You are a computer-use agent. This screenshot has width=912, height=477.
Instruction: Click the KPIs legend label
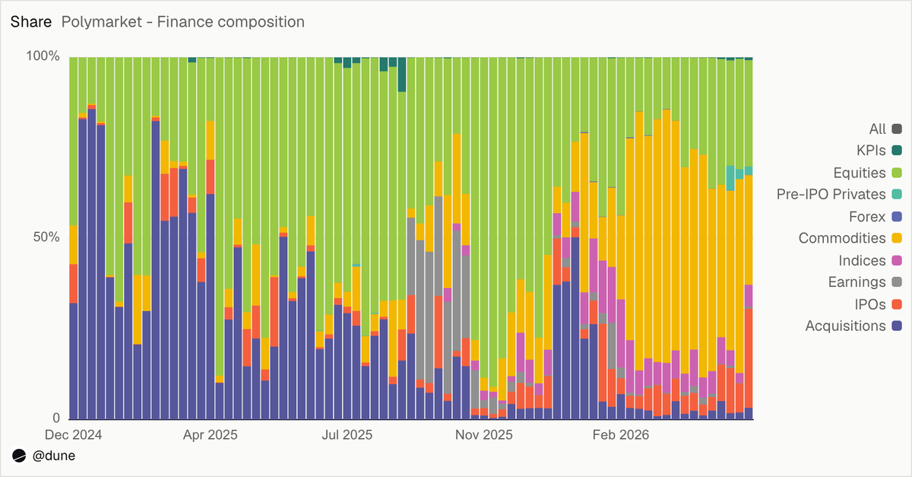pos(871,151)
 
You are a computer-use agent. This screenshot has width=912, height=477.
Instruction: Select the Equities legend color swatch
pos(897,173)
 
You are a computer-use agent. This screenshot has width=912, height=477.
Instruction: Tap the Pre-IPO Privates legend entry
pos(839,194)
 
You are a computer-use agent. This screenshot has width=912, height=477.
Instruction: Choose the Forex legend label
pos(867,217)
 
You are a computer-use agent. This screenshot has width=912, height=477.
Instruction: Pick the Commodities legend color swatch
pos(897,238)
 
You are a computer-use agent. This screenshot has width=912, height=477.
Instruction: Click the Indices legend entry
pos(870,260)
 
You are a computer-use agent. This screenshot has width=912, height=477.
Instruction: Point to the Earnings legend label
pos(857,281)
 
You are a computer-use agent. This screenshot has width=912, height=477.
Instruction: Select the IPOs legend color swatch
pos(897,304)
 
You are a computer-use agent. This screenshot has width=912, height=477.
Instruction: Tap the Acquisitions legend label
pos(846,326)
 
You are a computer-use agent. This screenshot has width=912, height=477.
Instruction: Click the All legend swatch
pos(897,129)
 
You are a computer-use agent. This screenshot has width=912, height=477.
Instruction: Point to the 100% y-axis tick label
pos(43,56)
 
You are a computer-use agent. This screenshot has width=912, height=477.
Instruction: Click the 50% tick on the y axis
pos(46,237)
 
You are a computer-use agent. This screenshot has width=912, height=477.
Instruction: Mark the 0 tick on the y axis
pos(56,418)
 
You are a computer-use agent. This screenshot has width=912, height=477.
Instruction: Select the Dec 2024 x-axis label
pos(73,434)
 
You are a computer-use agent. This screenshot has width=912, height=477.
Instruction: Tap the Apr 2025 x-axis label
pos(210,434)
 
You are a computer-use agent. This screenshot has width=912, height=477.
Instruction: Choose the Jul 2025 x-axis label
pos(347,434)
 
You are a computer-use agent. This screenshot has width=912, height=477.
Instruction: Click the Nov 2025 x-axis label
pos(483,434)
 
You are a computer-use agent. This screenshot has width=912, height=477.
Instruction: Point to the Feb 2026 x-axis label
pos(620,434)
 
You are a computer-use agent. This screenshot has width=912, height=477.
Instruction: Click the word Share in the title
pos(31,21)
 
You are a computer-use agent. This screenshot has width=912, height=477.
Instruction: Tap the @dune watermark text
pos(54,456)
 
